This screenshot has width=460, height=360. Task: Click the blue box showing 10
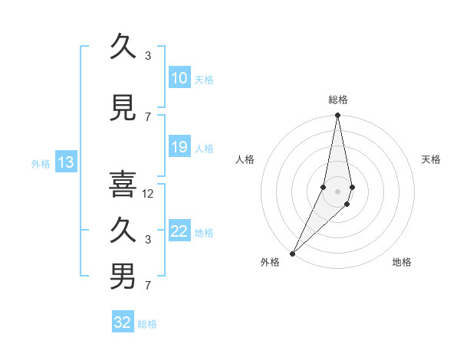[x=179, y=78]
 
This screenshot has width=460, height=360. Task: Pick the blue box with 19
[x=179, y=147]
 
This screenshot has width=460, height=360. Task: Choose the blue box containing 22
[x=179, y=231]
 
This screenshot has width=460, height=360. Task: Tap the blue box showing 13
[x=65, y=162]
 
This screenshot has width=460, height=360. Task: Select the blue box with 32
[x=123, y=322]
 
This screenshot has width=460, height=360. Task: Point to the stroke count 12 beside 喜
[x=149, y=194]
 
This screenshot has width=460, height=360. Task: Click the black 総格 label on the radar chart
[x=338, y=100]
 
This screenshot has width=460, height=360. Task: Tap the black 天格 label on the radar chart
[x=431, y=159]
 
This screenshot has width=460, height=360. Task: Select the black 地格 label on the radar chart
[x=402, y=262]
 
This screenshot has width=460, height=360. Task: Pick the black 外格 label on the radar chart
[x=270, y=262]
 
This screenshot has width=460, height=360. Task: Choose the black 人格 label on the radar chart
[x=245, y=159]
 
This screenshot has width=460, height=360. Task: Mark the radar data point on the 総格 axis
[x=337, y=116]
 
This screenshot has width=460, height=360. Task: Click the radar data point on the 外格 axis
[x=292, y=253]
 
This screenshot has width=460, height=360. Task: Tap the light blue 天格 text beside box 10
[x=204, y=79]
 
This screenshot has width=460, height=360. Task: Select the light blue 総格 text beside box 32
[x=147, y=324]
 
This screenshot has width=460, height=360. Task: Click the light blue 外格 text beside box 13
[x=40, y=163]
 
